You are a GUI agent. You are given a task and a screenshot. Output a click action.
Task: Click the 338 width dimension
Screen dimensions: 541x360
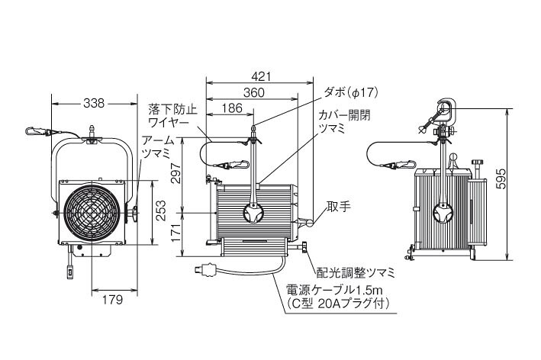[x=94, y=103]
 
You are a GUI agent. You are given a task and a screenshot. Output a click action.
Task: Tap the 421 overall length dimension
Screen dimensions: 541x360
[x=261, y=76]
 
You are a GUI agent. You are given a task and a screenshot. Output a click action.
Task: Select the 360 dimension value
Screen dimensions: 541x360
[x=254, y=93]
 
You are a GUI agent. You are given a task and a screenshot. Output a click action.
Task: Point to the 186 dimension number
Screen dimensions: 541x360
[x=232, y=108]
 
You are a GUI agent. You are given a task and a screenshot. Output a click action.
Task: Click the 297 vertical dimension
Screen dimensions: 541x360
[x=176, y=173]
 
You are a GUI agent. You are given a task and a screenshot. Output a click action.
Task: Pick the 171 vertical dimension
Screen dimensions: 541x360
[x=176, y=233]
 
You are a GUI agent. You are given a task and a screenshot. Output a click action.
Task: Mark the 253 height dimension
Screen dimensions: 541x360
[x=161, y=211]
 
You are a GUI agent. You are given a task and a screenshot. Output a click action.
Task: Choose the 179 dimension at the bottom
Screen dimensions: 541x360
[x=112, y=300]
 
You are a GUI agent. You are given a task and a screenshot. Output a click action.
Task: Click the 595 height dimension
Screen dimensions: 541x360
[x=501, y=178]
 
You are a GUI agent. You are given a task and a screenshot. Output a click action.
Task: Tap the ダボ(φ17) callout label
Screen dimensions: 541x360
[x=351, y=92]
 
